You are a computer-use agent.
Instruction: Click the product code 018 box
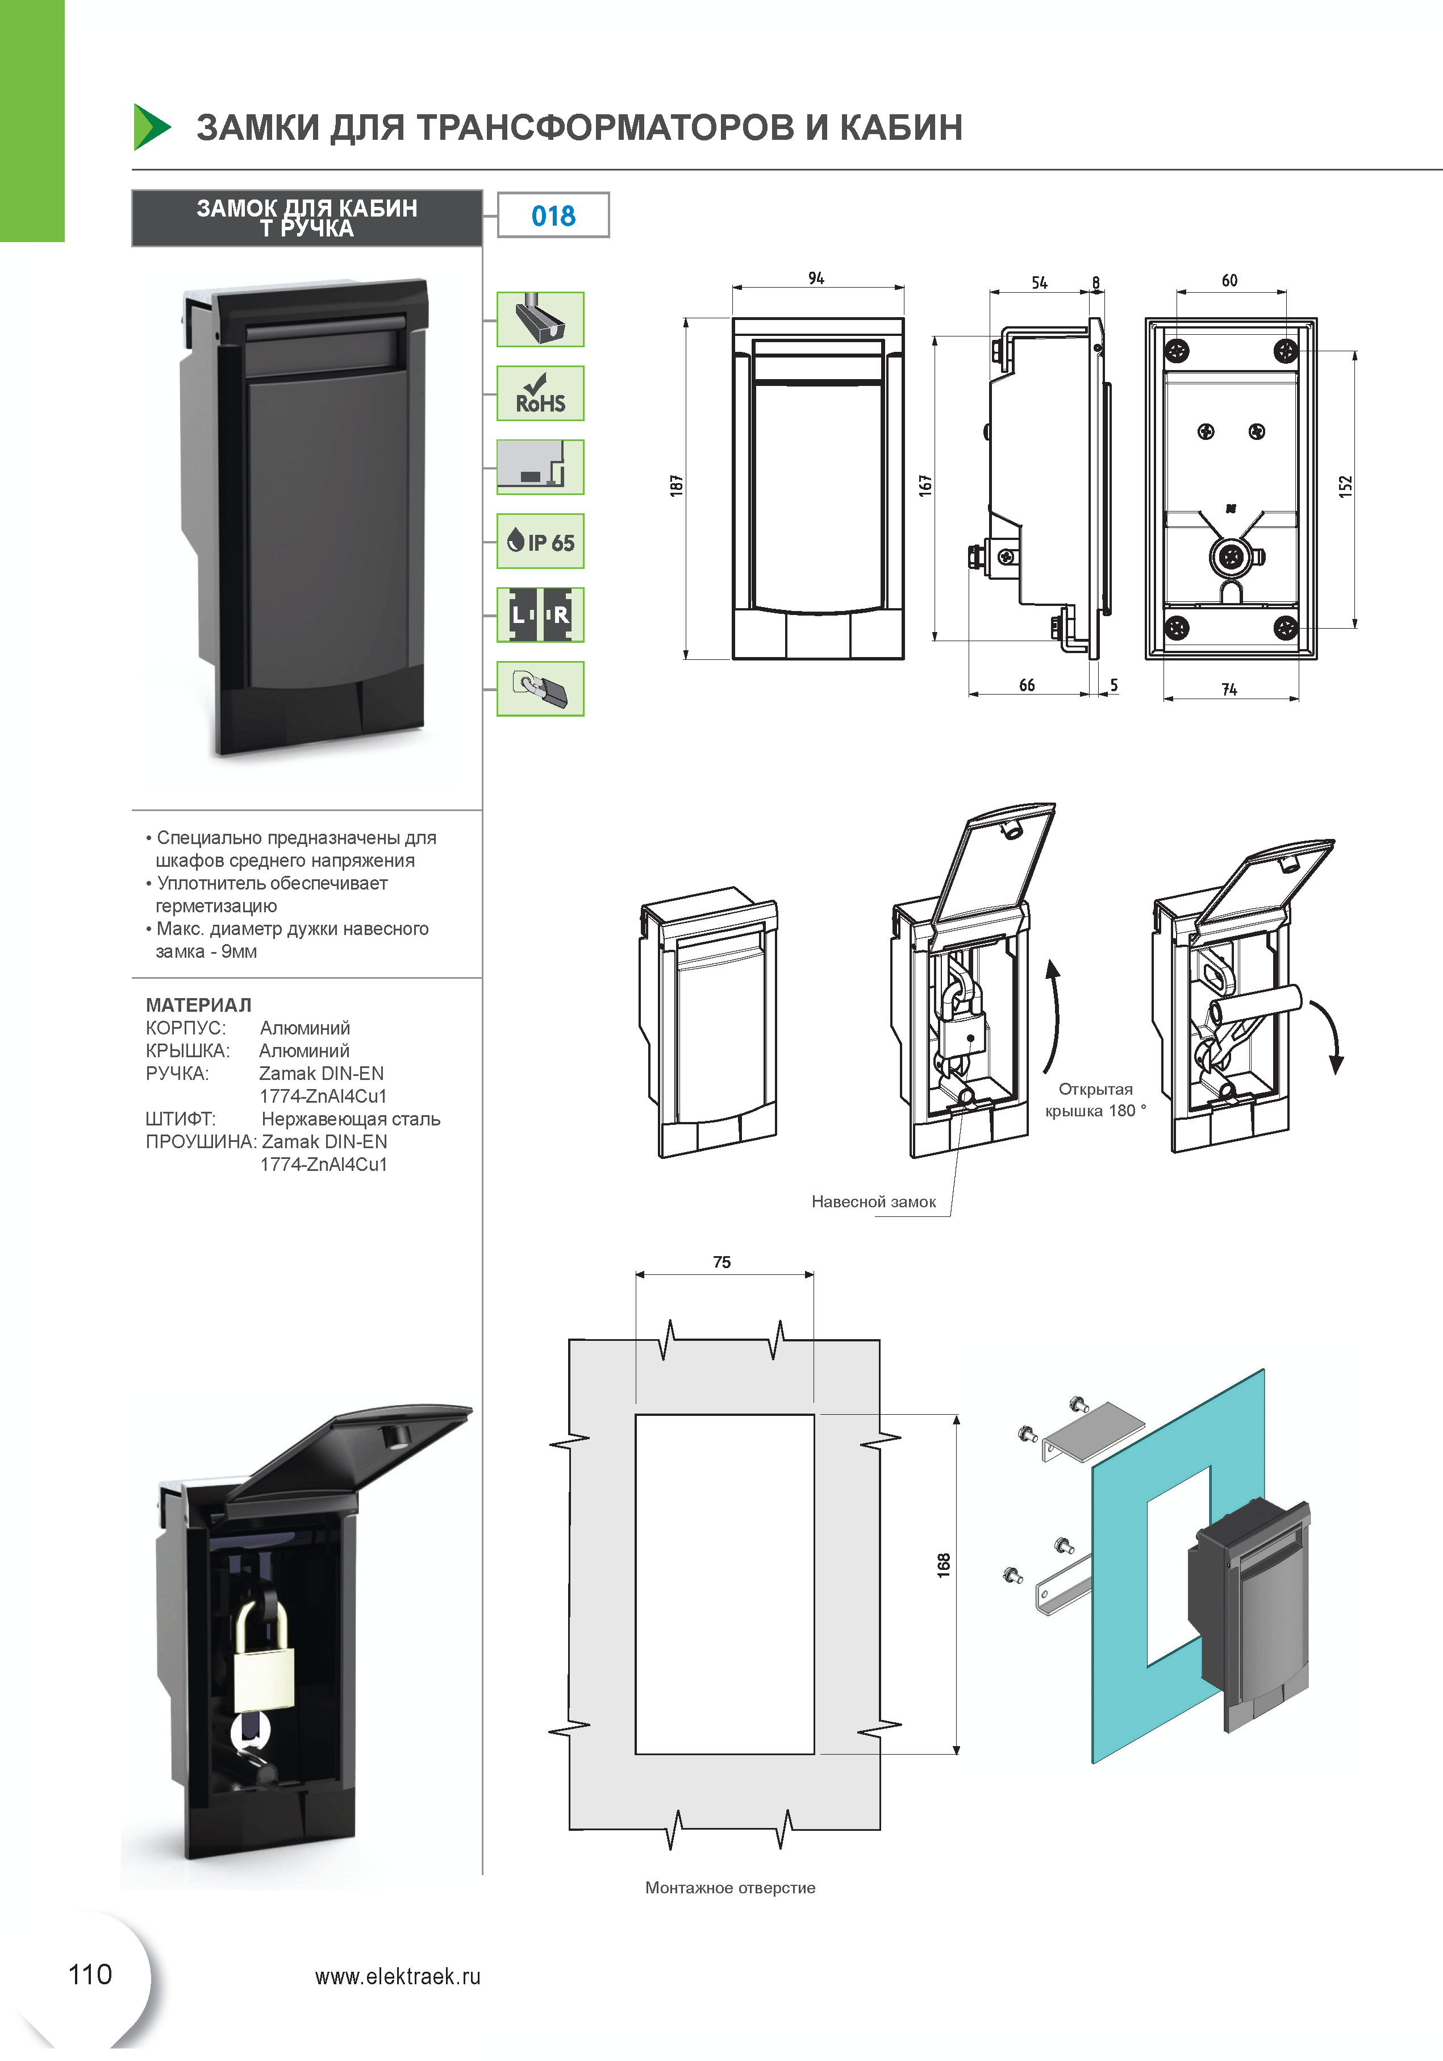[x=553, y=215]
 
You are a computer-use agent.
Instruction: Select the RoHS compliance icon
[x=540, y=393]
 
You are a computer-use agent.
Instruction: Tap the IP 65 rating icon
[x=540, y=541]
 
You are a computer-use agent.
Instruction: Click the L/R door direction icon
[x=540, y=615]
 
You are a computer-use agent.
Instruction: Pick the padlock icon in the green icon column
[x=540, y=688]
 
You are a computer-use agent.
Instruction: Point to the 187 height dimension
[x=677, y=485]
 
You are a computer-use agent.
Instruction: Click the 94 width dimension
[x=816, y=279]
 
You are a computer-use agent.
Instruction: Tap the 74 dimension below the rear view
[x=1229, y=689]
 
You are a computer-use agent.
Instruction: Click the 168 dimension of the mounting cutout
[x=943, y=1565]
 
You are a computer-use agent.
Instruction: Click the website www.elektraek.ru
[x=398, y=1976]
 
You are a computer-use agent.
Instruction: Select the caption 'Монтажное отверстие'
[x=731, y=1888]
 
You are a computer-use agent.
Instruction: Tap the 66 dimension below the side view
[x=1027, y=685]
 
